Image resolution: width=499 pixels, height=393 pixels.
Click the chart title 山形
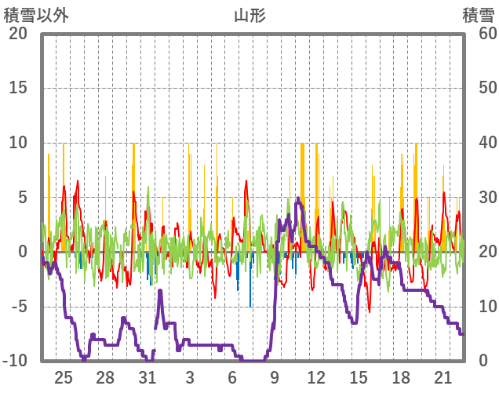249,14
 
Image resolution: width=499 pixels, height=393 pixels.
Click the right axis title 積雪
477,14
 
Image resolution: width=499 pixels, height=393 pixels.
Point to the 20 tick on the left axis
17,34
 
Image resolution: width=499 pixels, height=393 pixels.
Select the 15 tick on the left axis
17,88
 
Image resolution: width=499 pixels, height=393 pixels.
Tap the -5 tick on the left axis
17,306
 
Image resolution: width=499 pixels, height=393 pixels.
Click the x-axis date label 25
64,377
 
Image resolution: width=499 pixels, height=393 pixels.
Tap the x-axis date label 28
105,377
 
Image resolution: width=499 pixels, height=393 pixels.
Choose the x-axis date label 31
148,377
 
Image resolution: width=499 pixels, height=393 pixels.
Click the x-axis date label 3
190,377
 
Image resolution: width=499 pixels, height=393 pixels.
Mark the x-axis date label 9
274,377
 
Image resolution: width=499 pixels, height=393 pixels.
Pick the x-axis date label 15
359,377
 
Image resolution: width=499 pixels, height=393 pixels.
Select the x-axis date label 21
443,377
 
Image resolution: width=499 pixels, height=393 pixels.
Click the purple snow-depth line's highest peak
298,199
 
